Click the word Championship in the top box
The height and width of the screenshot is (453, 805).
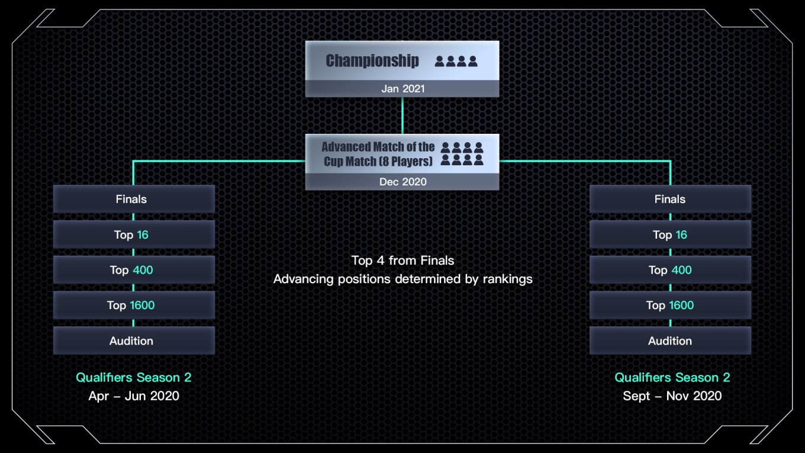coord(372,60)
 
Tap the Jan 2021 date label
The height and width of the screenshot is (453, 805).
coord(402,89)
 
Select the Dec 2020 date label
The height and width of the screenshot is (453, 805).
coord(402,182)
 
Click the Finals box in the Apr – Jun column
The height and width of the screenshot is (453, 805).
coord(134,199)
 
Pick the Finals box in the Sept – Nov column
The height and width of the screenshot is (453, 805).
coord(670,199)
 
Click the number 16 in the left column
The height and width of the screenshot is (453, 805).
coord(143,234)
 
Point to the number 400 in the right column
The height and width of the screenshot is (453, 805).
coord(681,270)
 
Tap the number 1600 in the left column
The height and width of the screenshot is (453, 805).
coord(142,306)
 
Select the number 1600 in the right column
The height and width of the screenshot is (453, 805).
coord(681,306)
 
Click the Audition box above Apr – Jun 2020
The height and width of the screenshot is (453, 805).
coord(134,340)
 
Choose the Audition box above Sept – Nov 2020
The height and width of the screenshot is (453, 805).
coord(670,340)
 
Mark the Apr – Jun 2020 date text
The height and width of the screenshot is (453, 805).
coord(134,396)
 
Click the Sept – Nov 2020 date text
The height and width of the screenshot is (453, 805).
coord(672,396)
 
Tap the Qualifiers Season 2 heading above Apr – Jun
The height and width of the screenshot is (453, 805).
coord(134,377)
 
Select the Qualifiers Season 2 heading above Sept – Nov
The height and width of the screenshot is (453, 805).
coord(672,377)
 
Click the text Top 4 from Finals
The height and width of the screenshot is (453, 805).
coord(402,260)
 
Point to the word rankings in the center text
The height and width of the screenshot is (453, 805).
coord(507,279)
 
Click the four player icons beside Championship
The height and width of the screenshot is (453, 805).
coord(456,61)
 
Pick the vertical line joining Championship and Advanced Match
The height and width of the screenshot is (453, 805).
coord(402,115)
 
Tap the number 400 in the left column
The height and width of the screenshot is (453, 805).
coord(143,270)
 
